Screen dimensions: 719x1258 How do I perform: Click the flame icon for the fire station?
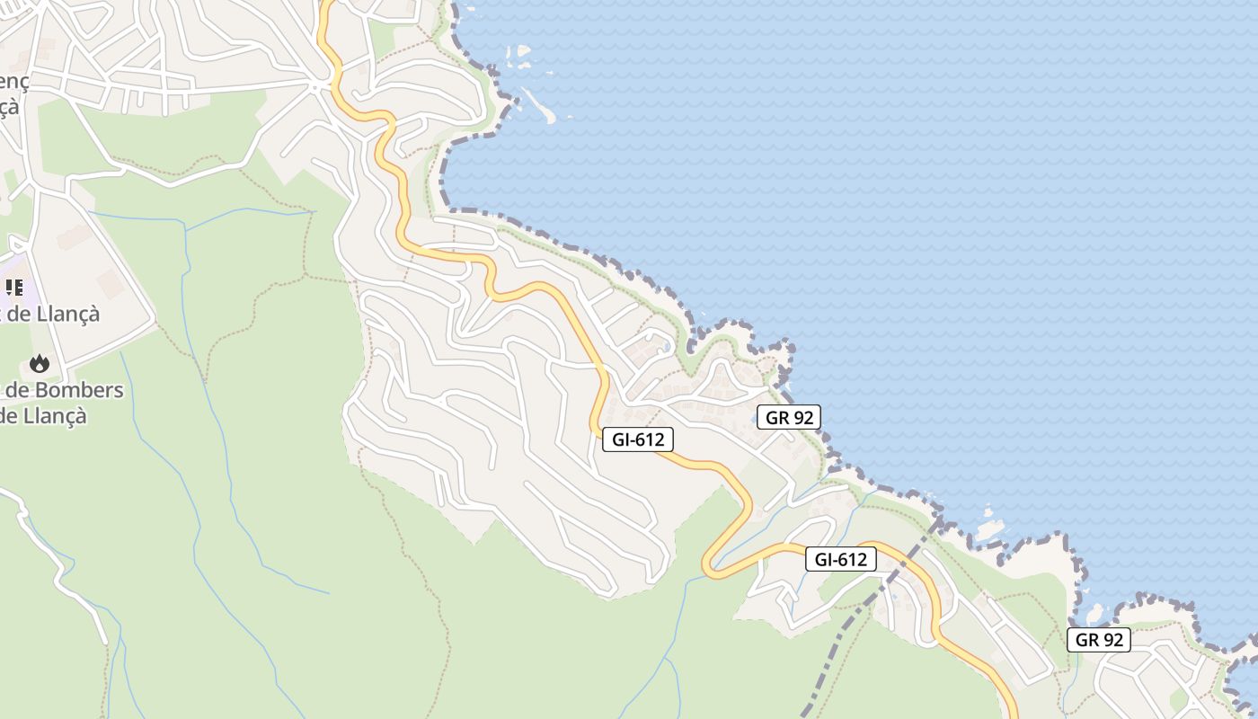coord(39,363)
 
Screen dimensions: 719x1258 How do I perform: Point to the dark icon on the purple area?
coord(14,288)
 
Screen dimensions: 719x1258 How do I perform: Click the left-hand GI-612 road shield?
coord(637,439)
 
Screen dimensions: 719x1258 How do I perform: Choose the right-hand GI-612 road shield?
coord(840,559)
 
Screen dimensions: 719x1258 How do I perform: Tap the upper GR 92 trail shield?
coord(788,417)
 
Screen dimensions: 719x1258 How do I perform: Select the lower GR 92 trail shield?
coord(1099,640)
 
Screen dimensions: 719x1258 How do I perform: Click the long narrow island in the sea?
coord(539,105)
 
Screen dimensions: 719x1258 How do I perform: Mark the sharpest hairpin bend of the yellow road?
coord(708,566)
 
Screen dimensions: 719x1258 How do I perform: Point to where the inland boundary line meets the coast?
coord(940,519)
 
